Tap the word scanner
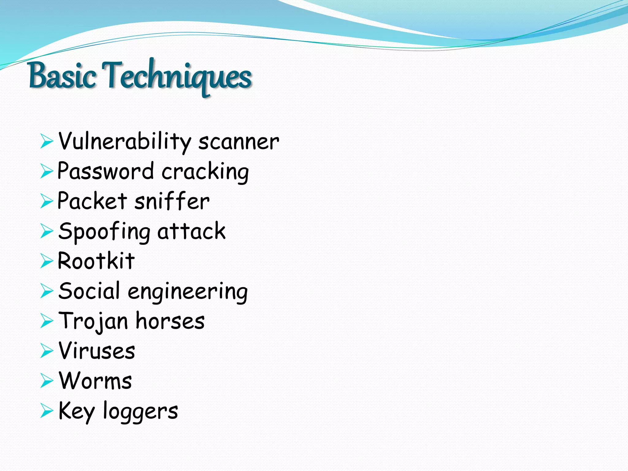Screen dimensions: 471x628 pos(239,142)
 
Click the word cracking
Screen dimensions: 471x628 pos(205,172)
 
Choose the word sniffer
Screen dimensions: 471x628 pos(172,201)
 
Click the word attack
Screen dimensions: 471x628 pos(191,231)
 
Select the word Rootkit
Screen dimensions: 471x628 pos(96,261)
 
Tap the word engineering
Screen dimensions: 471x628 pos(188,292)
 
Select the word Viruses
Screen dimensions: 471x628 pos(97,350)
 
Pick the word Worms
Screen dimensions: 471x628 pos(95,381)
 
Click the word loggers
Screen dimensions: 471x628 pos(140,411)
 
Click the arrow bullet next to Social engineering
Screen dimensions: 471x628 pos(47,291)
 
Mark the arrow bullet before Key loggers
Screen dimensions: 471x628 pos(47,411)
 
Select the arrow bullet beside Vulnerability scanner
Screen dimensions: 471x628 pos(47,142)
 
